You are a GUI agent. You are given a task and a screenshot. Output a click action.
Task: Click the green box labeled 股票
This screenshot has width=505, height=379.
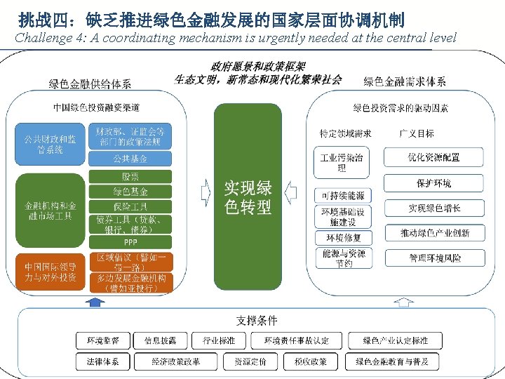(x=130, y=177)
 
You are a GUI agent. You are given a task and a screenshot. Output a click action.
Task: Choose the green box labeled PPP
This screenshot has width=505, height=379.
(x=130, y=242)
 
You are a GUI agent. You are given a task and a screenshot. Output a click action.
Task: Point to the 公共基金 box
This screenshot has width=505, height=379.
(x=130, y=159)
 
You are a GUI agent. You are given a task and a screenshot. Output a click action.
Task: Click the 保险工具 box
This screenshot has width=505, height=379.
(x=130, y=206)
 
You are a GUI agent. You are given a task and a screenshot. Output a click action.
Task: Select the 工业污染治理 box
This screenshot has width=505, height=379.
(x=342, y=163)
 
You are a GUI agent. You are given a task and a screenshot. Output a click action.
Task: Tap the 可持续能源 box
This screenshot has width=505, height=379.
(x=342, y=195)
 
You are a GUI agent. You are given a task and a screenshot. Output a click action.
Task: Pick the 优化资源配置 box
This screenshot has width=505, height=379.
(x=434, y=157)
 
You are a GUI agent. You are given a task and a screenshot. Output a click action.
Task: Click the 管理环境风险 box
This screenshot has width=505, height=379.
(x=434, y=258)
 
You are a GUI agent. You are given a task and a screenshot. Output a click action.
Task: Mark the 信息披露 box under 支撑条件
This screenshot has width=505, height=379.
(x=161, y=341)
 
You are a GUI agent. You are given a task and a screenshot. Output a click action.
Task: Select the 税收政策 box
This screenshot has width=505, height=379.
(x=307, y=361)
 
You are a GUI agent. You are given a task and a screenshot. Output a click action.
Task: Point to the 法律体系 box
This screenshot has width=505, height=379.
(x=103, y=361)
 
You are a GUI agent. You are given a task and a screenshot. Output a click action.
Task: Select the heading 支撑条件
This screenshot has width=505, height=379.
(x=257, y=320)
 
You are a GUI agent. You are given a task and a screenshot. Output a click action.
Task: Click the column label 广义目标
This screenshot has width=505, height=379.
(x=417, y=133)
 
